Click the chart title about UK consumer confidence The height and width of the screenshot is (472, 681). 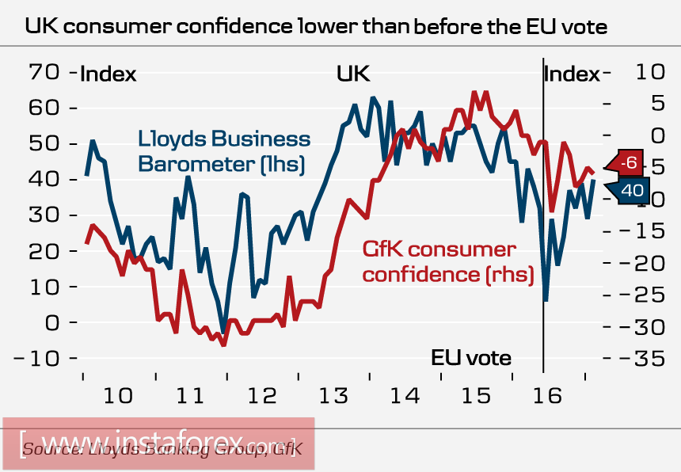[315, 26]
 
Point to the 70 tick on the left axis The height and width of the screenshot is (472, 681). [44, 73]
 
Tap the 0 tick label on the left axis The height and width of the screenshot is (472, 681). [52, 323]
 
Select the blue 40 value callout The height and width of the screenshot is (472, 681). [631, 191]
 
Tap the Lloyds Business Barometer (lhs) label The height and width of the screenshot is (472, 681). [223, 150]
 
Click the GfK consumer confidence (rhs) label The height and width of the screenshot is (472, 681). [448, 262]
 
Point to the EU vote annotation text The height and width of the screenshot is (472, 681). [471, 357]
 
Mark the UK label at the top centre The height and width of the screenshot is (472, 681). [353, 74]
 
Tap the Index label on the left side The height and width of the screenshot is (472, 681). [108, 74]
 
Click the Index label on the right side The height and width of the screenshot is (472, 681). [572, 74]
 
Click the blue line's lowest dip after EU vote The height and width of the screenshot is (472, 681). [546, 300]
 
